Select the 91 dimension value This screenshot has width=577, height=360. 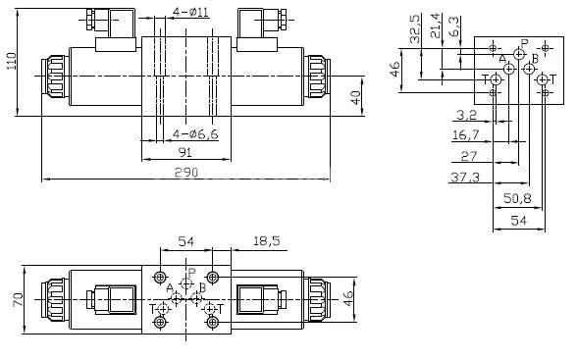click(x=185, y=152)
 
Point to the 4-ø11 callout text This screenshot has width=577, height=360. click(x=189, y=12)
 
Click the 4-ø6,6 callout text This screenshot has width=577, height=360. click(x=193, y=133)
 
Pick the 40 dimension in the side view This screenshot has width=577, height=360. click(x=355, y=98)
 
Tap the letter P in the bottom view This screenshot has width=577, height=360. click(x=191, y=272)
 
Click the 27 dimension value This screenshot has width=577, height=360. click(x=469, y=156)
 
